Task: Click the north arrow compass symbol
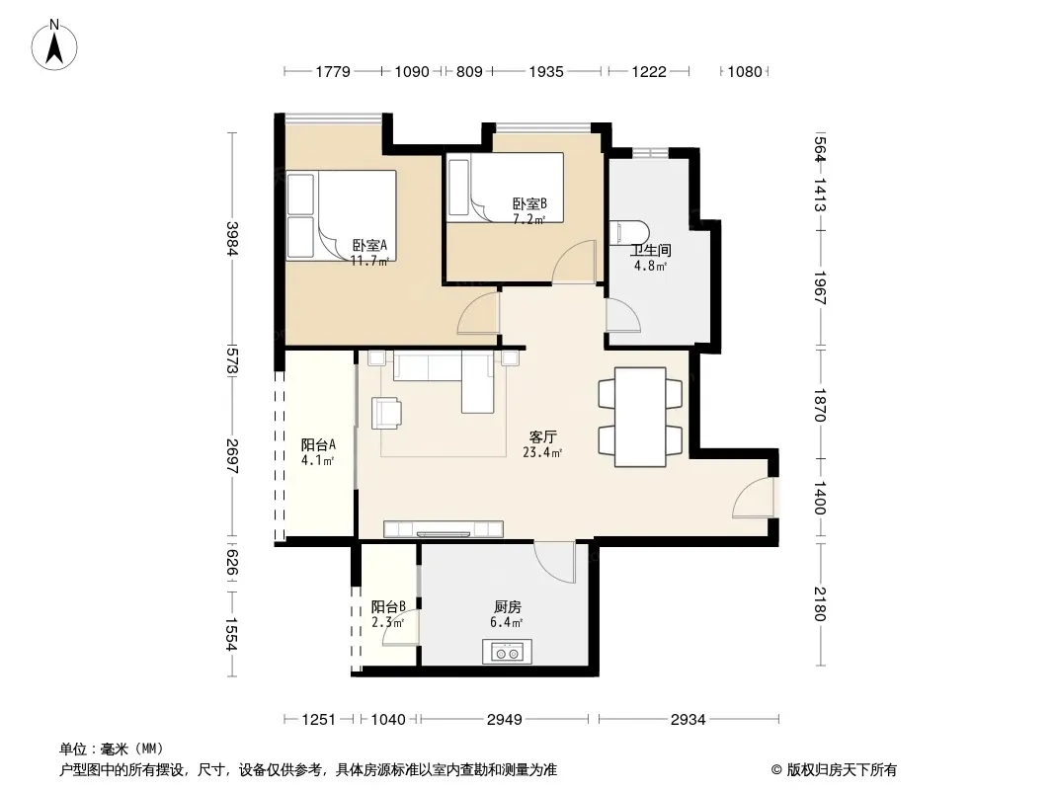(x=54, y=45)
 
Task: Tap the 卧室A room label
(x=369, y=246)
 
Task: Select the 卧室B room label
(x=529, y=203)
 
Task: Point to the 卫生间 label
(x=650, y=251)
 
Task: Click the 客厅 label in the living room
(x=542, y=436)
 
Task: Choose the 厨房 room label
(x=507, y=607)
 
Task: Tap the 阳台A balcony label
(x=318, y=444)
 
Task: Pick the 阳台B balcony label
(x=388, y=606)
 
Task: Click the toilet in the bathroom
(x=629, y=232)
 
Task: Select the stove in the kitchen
(x=507, y=651)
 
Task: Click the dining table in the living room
(x=641, y=417)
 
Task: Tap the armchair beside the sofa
(x=387, y=413)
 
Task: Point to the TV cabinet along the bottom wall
(x=444, y=529)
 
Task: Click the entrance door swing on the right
(x=753, y=497)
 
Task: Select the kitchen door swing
(x=555, y=563)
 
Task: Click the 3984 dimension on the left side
(x=232, y=239)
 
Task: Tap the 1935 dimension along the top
(x=546, y=72)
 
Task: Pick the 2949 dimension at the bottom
(x=505, y=720)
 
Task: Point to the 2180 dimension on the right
(x=820, y=604)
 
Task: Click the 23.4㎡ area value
(x=542, y=453)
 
